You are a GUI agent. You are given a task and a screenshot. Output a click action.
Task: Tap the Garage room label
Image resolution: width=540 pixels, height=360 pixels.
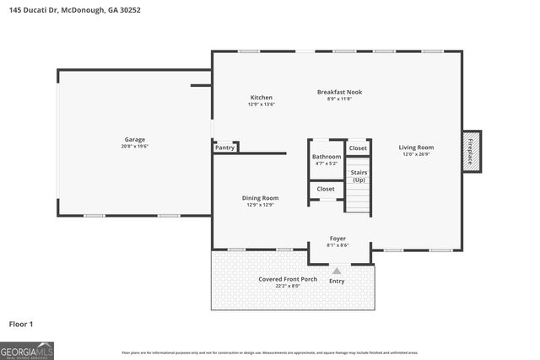coord(135,139)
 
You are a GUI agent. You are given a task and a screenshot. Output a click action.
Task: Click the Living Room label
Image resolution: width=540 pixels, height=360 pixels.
coord(416,148)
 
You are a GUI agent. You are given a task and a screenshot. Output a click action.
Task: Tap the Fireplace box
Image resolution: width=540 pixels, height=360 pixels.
coord(471,151)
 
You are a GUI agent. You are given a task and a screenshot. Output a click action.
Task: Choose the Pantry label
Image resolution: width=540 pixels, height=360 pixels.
coord(224,148)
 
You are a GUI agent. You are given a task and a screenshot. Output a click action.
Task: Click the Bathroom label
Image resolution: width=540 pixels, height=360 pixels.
coord(327,157)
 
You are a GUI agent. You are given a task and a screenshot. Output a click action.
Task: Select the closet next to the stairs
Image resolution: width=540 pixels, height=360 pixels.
coord(359,148)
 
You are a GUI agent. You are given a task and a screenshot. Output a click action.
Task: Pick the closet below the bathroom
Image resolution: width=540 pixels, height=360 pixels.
coord(327,189)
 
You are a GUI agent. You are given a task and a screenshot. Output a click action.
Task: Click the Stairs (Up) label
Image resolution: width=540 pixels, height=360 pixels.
coord(359,175)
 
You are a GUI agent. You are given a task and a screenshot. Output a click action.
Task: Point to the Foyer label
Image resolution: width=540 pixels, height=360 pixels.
coord(337,239)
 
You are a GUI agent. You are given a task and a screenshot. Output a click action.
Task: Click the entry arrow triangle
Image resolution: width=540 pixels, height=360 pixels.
coord(337,271)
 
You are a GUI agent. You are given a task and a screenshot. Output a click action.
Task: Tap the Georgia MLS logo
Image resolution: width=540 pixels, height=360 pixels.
coord(27,350)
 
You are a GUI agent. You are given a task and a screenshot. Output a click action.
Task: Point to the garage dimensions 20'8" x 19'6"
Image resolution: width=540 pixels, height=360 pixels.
coord(135,146)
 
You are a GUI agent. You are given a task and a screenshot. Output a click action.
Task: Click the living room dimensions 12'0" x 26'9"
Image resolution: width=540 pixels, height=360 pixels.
coord(416,154)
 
